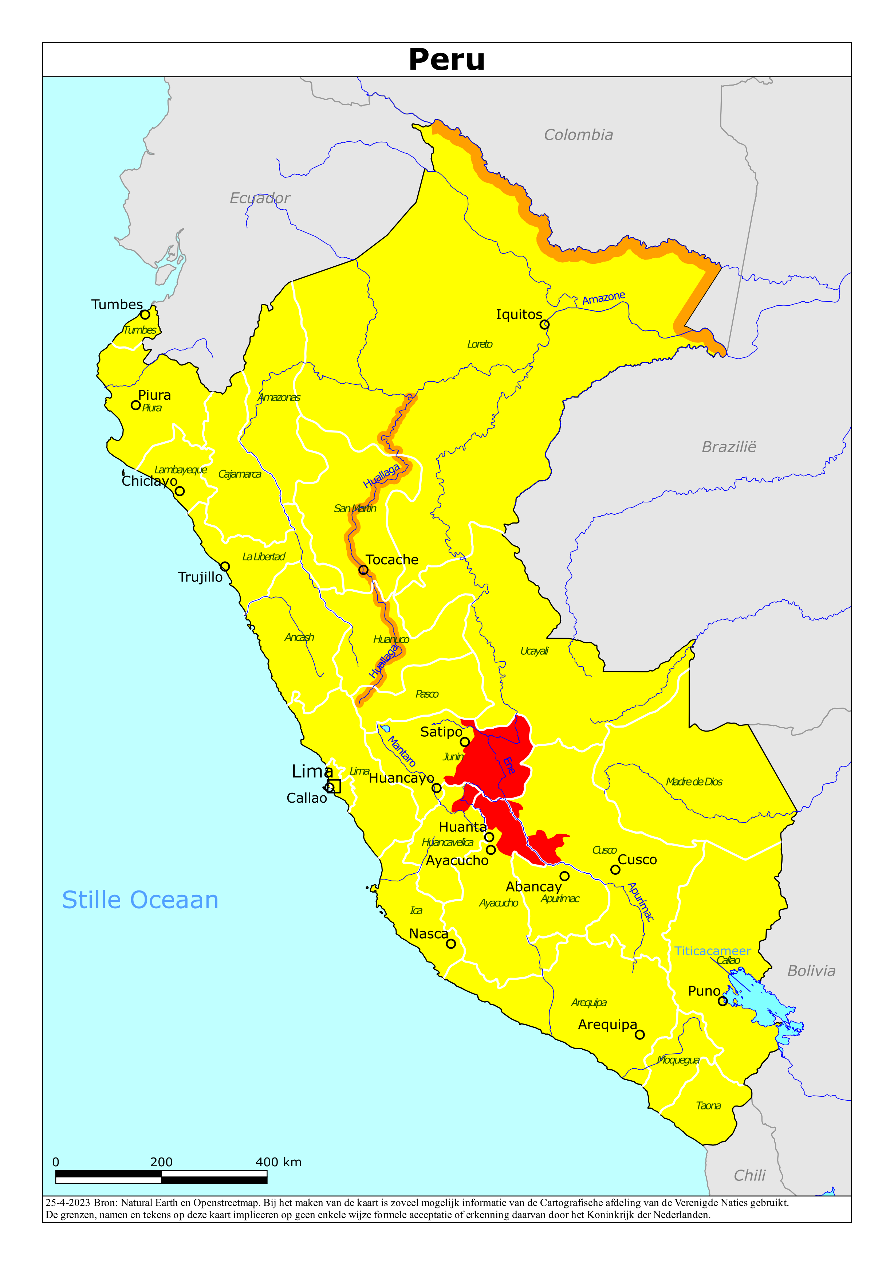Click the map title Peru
[x=447, y=59]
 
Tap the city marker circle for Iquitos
[x=544, y=325]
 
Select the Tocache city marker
[x=363, y=570]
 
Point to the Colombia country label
[x=578, y=135]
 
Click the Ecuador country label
[x=260, y=198]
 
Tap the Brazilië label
[x=729, y=447]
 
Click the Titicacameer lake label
[x=712, y=951]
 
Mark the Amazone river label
[x=604, y=298]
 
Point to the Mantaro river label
[x=402, y=752]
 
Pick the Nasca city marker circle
[x=450, y=944]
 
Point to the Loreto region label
[x=480, y=344]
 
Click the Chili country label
[x=750, y=1176]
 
